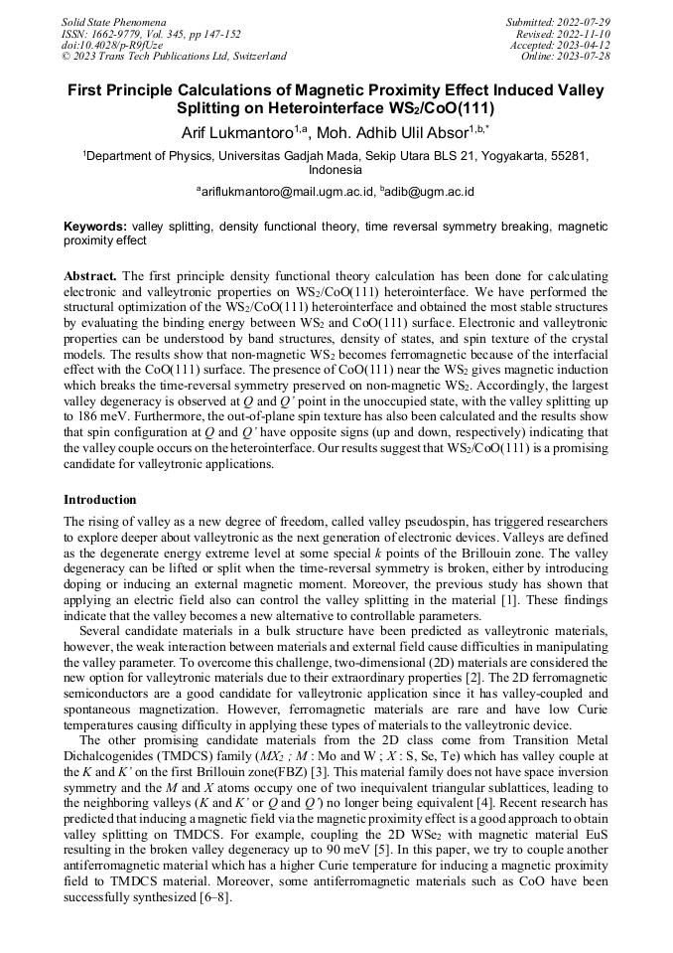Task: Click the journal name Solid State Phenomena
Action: point(113,21)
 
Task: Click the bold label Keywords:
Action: point(94,227)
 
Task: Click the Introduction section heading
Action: point(100,499)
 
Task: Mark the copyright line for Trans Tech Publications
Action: point(173,57)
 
